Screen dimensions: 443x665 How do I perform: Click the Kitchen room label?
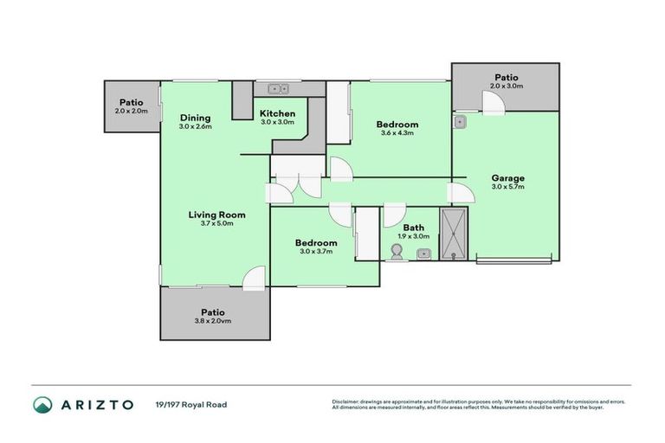tap(278, 113)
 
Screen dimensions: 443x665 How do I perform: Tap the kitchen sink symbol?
tap(278, 88)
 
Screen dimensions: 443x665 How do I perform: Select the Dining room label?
tap(195, 118)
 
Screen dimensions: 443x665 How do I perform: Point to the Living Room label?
tap(217, 215)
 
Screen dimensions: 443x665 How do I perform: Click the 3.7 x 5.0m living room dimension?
tap(217, 223)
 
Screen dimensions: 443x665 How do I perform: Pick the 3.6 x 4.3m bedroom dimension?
tap(397, 133)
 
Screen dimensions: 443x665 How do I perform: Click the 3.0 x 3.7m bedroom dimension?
tap(315, 252)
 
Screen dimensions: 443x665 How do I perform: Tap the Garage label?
tap(508, 178)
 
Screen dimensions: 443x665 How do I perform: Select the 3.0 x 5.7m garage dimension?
tap(508, 187)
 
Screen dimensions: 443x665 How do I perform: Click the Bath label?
tap(413, 228)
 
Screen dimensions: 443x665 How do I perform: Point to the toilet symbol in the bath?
tap(397, 252)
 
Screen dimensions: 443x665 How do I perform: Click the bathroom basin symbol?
tap(424, 254)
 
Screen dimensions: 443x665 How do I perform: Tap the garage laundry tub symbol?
tap(462, 121)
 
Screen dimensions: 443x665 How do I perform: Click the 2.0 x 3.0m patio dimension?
tap(507, 87)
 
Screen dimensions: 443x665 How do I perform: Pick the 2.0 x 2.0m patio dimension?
tap(131, 111)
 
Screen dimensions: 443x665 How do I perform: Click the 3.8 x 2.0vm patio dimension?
tap(213, 321)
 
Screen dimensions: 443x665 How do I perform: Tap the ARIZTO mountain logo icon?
tap(42, 404)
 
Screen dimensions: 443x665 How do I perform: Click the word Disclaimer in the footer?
tap(345, 401)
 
